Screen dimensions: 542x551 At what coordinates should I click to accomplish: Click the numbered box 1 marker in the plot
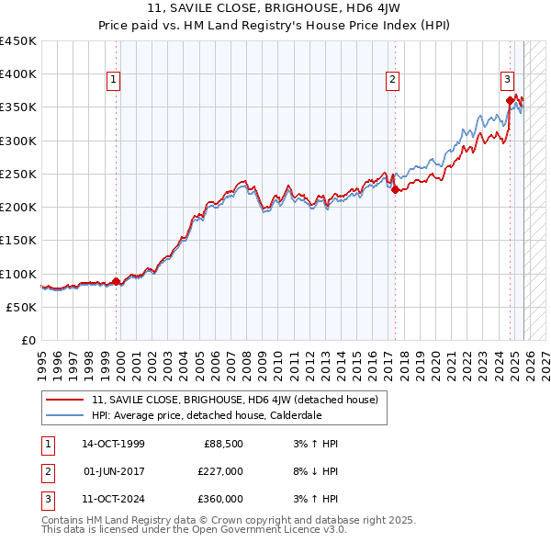coord(113,81)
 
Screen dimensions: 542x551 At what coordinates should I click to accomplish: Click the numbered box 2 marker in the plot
coord(392,81)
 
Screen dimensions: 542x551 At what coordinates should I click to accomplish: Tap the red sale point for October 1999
coord(117,281)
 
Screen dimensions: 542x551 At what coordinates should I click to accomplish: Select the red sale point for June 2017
coord(395,190)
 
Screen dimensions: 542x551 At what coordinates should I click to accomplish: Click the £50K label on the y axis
coord(22,307)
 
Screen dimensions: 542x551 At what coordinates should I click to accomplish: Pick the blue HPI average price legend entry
coord(206,415)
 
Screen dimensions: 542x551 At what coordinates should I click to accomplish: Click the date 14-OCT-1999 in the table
coord(113,444)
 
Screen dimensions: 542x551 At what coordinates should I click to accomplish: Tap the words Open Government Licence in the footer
coord(256,529)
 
